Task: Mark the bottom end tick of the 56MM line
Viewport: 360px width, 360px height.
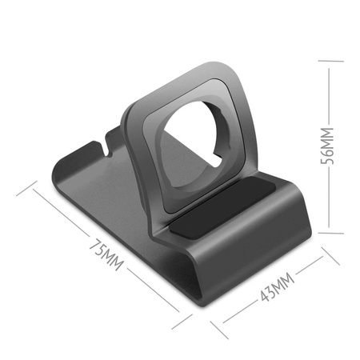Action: (x=327, y=233)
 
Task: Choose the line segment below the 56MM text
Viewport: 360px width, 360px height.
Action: (x=327, y=204)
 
